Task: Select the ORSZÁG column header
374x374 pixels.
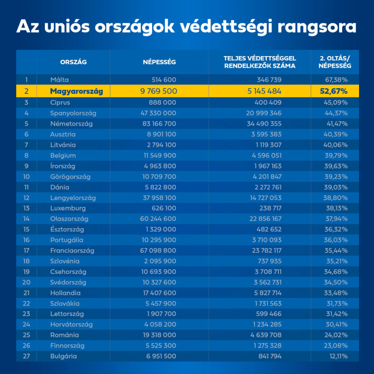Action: point(73,62)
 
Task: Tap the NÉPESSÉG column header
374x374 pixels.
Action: point(159,62)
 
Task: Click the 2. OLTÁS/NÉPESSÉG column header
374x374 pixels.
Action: point(335,62)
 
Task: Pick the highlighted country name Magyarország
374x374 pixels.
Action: point(76,91)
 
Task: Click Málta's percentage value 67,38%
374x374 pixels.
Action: point(337,80)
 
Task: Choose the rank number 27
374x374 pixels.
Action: point(26,356)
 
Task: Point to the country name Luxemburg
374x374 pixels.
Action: point(68,208)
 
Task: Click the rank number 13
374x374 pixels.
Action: point(26,208)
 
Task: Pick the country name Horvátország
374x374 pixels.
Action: point(71,324)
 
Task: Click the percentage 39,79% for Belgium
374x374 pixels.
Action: point(337,155)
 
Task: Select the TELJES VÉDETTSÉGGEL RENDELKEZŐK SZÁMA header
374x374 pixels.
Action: point(260,62)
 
